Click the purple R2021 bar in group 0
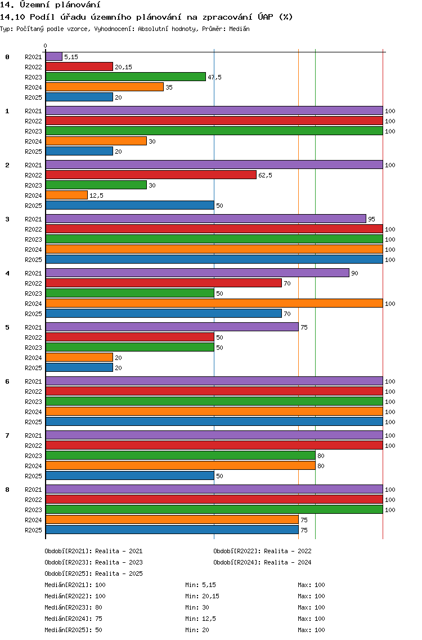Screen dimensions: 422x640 [x=54, y=57]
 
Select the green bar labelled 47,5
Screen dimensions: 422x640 [x=125, y=77]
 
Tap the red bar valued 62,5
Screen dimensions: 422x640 [x=151, y=175]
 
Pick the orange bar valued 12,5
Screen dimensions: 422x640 [x=66, y=195]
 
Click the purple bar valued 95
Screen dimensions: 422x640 [x=206, y=219]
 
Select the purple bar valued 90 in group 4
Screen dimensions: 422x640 [x=197, y=273]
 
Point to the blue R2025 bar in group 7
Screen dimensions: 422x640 [x=129, y=475]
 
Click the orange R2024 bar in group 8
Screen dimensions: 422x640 [x=172, y=519]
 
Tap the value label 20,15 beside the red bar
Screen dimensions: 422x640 [x=124, y=67]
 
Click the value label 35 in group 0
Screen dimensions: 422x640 [x=169, y=87]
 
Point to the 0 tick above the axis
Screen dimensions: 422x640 [x=45, y=46]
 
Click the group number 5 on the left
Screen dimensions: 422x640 [x=7, y=327]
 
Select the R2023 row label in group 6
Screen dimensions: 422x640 [x=33, y=402]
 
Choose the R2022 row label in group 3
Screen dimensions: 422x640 [x=33, y=229]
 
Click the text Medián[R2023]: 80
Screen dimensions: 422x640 [x=73, y=607]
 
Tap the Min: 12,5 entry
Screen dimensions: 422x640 [x=201, y=619]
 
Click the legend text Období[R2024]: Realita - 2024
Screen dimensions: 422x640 [x=262, y=562]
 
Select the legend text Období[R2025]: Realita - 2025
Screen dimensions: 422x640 [x=94, y=574]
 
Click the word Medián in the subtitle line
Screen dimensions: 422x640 [x=239, y=29]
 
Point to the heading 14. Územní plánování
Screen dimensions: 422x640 [x=50, y=5]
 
